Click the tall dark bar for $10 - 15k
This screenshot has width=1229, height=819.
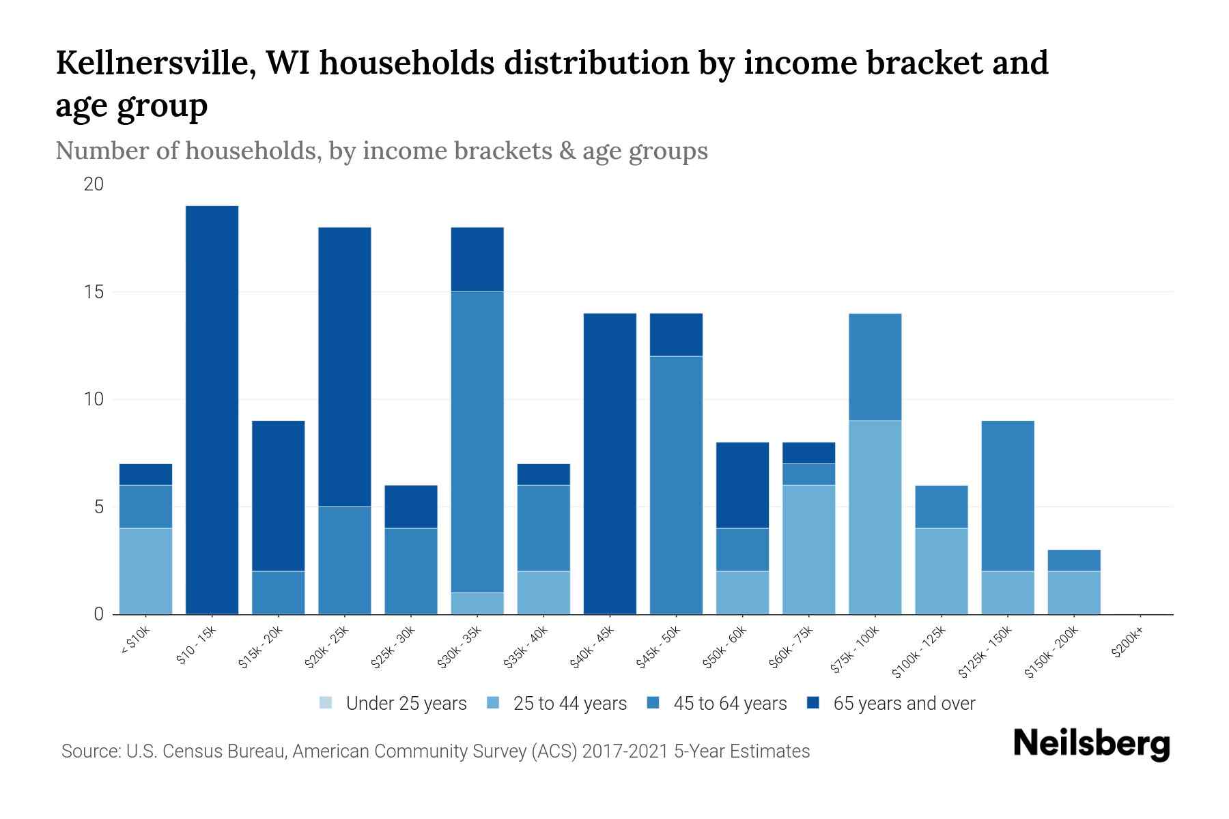(x=212, y=409)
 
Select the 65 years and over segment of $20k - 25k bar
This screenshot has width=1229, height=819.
(x=345, y=367)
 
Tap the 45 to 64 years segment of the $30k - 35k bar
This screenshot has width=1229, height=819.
(x=477, y=442)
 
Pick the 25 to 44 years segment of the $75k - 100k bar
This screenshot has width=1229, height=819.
(x=875, y=517)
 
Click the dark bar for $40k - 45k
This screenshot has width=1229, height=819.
(x=610, y=463)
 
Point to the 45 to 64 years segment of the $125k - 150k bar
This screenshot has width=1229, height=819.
(x=1007, y=495)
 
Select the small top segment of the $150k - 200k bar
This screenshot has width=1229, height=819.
(x=1073, y=560)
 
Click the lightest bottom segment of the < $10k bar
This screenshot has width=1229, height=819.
(x=145, y=571)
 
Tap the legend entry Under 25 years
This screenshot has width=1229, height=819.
(x=393, y=704)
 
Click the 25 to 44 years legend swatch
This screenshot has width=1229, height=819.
(x=494, y=703)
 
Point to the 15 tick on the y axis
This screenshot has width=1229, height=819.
(x=94, y=292)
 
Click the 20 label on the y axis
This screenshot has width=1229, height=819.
(x=94, y=184)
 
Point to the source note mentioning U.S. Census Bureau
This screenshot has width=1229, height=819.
(x=435, y=751)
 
